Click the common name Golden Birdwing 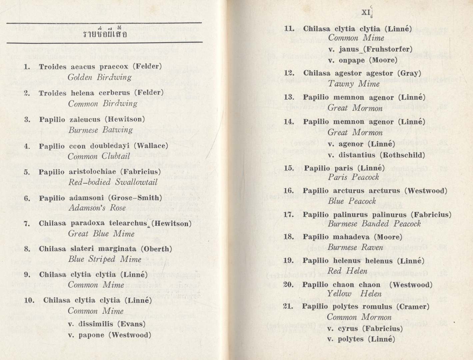pyautogui.click(x=99, y=77)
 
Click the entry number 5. pyautogui.click(x=27, y=172)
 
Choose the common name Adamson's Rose pyautogui.click(x=97, y=208)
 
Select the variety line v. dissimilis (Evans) pyautogui.click(x=107, y=324)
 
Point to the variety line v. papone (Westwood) pyautogui.click(x=109, y=335)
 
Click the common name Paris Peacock pyautogui.click(x=353, y=177)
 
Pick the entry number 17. pyautogui.click(x=288, y=215)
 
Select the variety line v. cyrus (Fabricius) pyautogui.click(x=365, y=329)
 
